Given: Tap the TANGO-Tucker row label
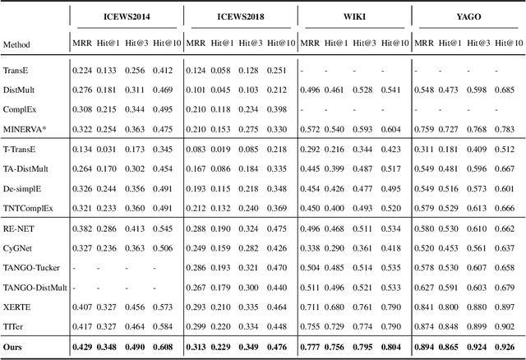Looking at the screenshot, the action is (31, 268).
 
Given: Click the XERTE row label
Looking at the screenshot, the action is (16, 307).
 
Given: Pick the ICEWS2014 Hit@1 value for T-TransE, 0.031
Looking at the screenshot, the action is (109, 149).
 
